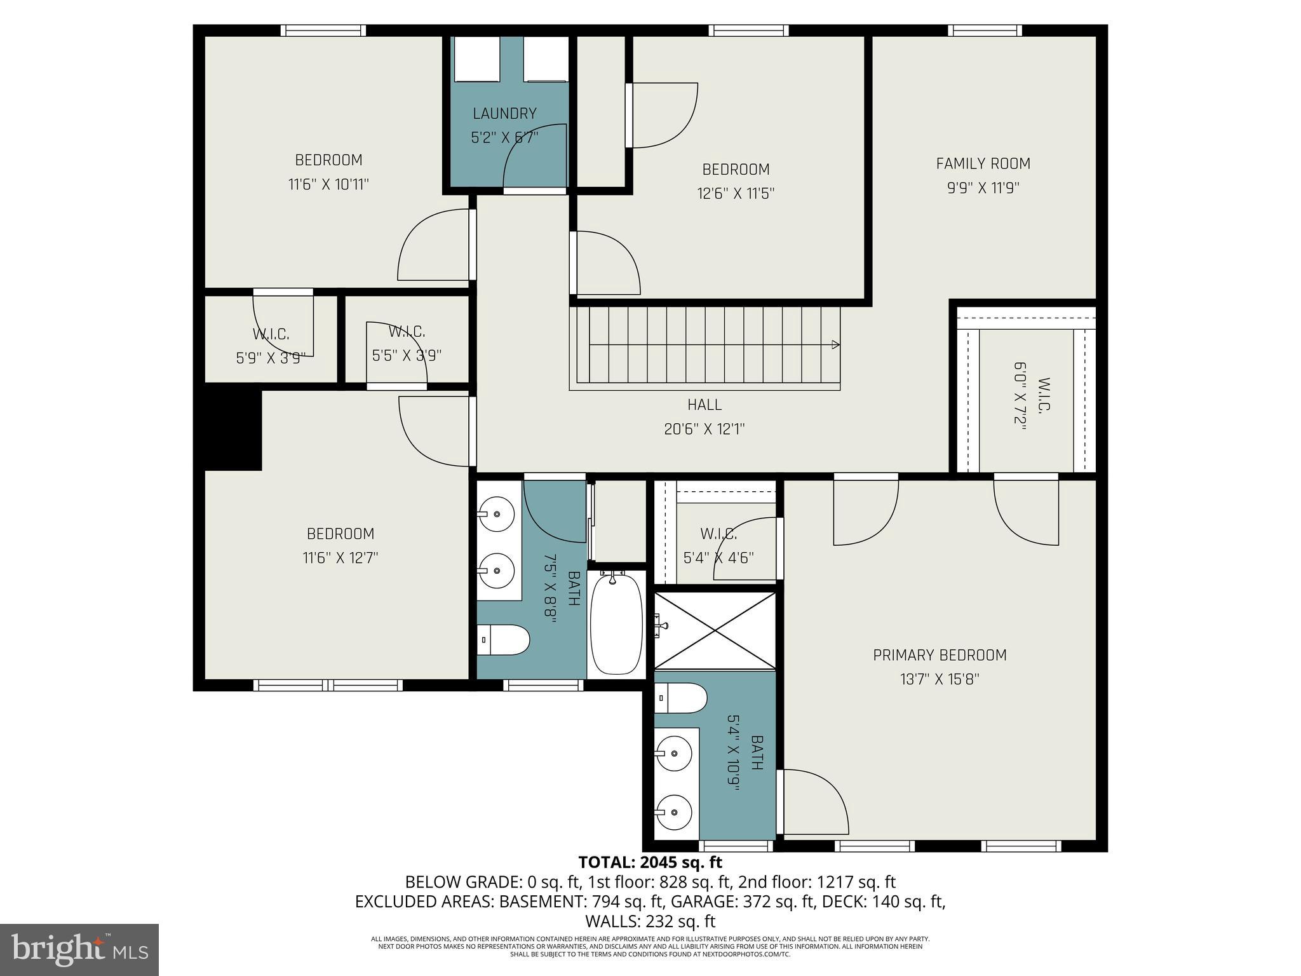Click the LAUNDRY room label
[504, 113]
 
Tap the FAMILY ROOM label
[983, 163]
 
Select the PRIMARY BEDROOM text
[940, 655]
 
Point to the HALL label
[704, 405]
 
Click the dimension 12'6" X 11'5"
[736, 193]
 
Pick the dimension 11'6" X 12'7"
[340, 558]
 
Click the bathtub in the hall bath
[616, 625]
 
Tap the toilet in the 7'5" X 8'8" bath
[503, 640]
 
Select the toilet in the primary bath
[680, 698]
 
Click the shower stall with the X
[715, 630]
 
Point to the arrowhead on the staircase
[835, 345]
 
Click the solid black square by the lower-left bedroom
[233, 430]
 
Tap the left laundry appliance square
[476, 58]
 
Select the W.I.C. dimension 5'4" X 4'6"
[718, 558]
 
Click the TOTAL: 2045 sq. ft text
[650, 862]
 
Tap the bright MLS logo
[79, 949]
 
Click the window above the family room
[985, 30]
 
